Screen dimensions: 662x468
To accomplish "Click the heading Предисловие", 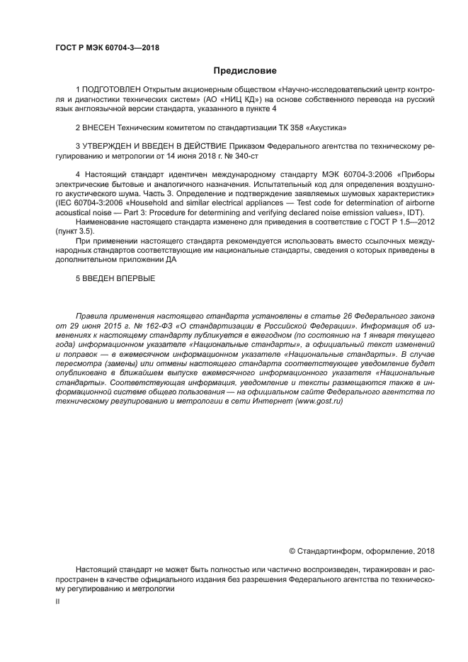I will click(x=245, y=70).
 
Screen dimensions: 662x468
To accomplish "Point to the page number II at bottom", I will click(x=58, y=601).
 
